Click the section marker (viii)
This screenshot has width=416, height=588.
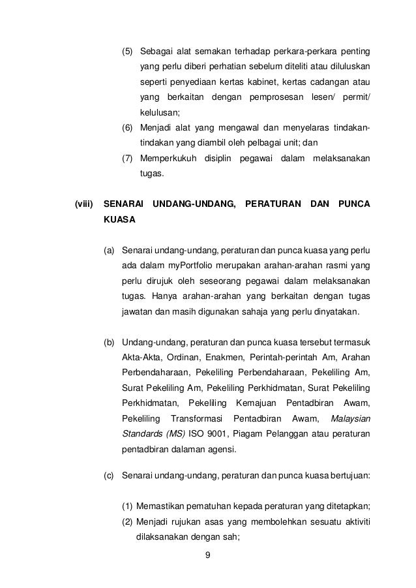coord(85,204)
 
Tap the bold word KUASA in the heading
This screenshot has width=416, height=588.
coord(120,220)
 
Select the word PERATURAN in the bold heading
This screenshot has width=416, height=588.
coord(270,204)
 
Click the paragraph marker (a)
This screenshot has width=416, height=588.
coord(110,250)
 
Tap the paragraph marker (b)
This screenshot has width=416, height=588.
coord(110,341)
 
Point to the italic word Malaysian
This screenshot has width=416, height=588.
coord(351,418)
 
